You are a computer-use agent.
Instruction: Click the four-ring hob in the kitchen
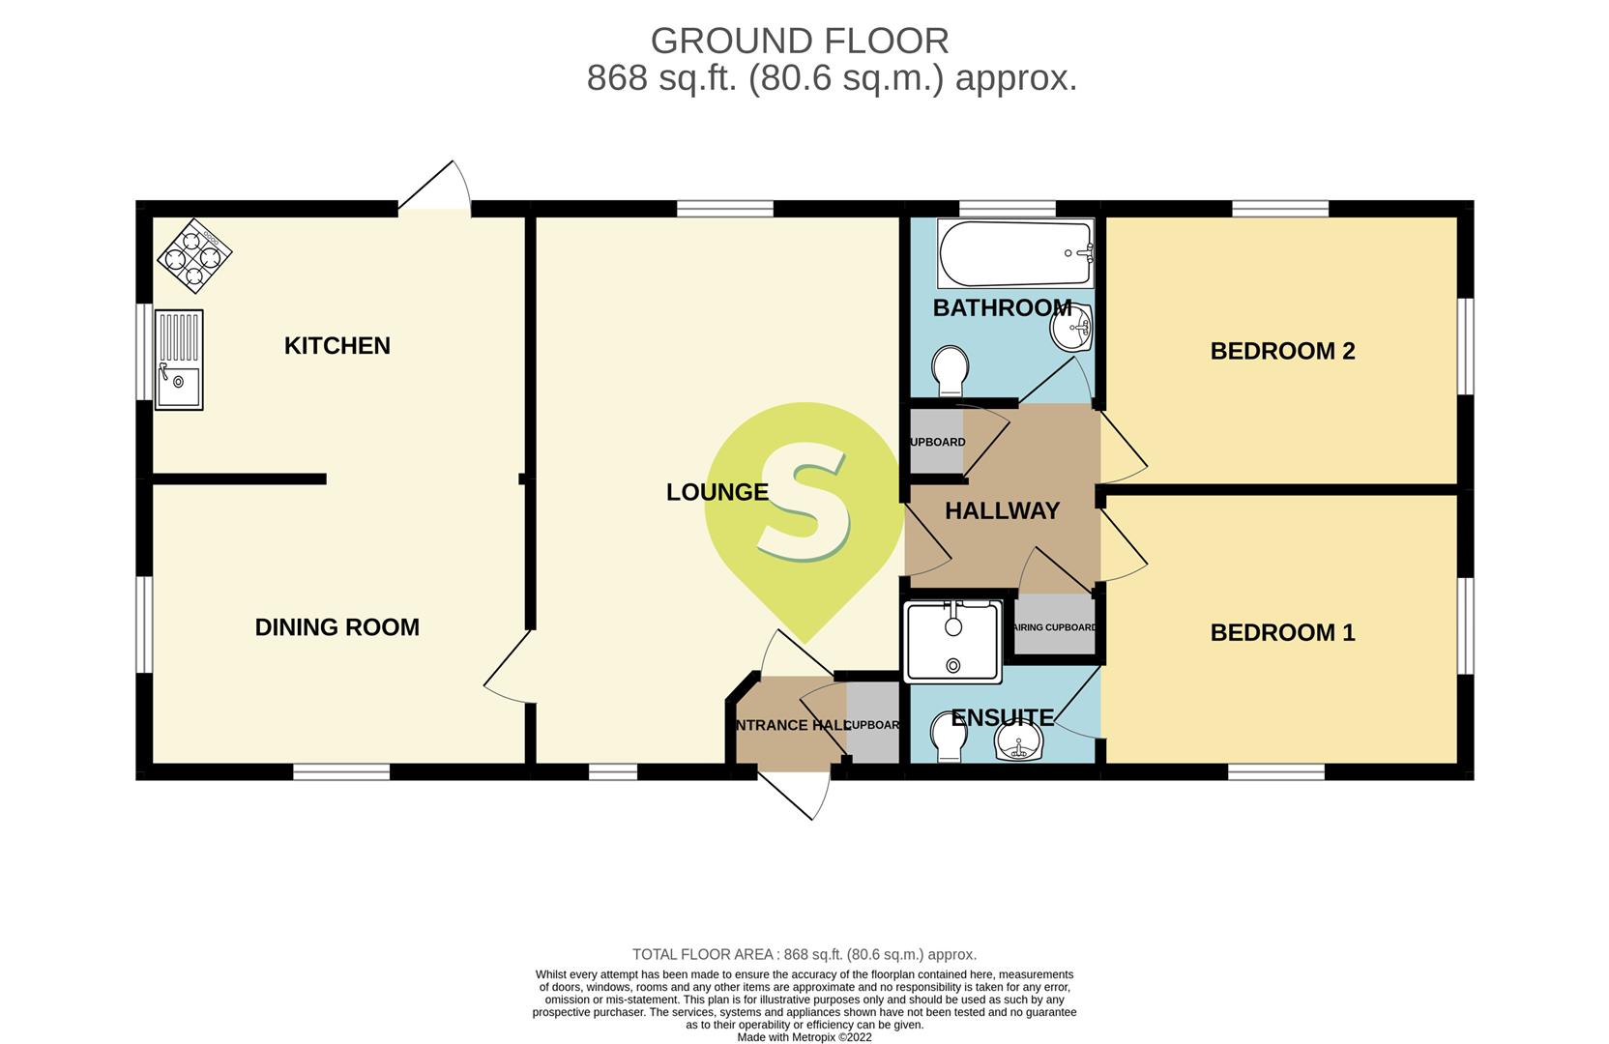point(194,255)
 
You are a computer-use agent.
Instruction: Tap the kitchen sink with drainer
point(179,360)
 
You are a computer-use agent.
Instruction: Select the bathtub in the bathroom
point(1015,253)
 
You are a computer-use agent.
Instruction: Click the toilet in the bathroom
point(950,370)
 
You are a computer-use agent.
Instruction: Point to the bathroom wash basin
point(1071,328)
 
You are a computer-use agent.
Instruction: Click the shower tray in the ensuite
point(953,641)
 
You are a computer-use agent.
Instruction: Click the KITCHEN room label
point(336,346)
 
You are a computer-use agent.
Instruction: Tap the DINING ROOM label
point(336,627)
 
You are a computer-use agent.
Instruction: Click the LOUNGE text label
point(717,493)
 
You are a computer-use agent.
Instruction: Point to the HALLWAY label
point(1002,511)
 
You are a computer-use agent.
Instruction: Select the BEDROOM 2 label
point(1282,351)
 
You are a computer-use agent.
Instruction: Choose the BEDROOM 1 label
point(1282,632)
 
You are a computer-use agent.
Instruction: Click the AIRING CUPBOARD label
point(1055,627)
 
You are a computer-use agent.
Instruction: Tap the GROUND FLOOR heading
point(800,41)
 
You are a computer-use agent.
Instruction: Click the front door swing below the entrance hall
point(796,796)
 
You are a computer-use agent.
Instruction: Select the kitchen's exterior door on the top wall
point(435,186)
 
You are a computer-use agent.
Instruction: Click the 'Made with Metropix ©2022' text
point(804,1037)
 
